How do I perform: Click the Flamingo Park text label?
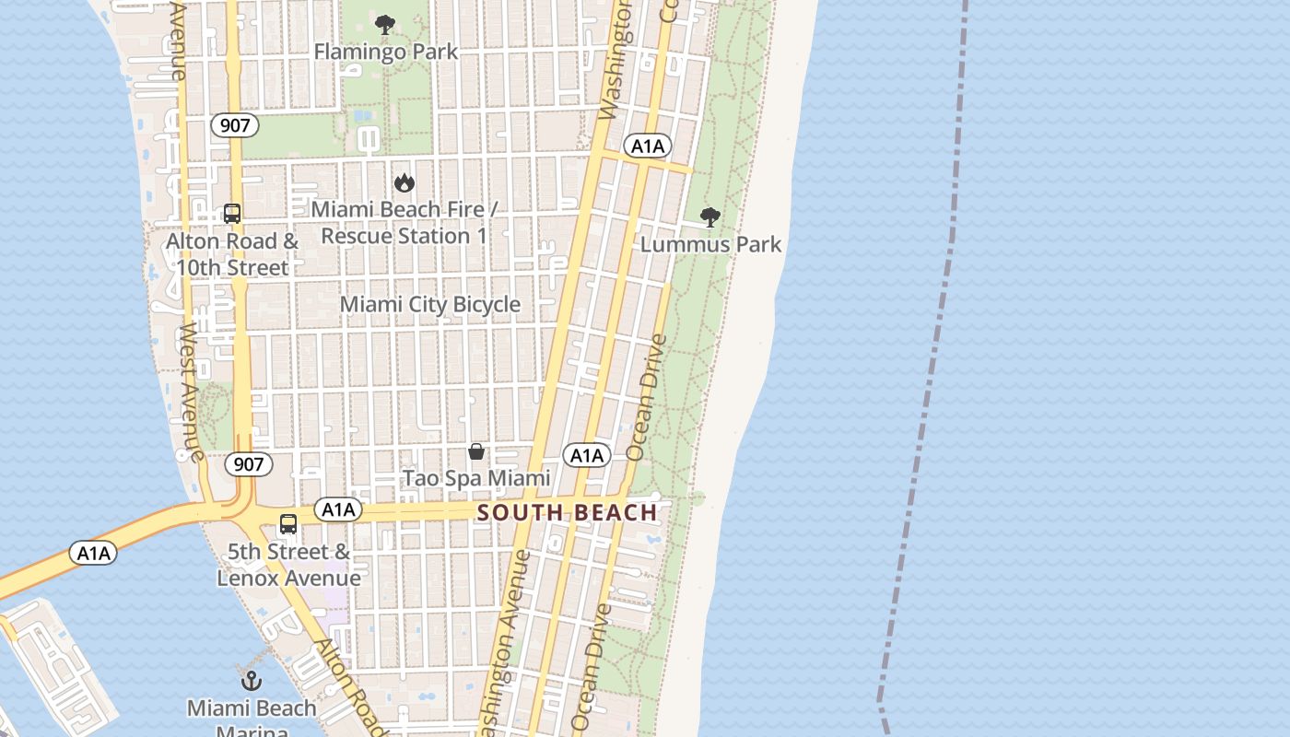pyautogui.click(x=385, y=52)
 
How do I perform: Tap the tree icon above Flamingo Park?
pyautogui.click(x=385, y=25)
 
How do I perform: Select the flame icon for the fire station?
pyautogui.click(x=404, y=183)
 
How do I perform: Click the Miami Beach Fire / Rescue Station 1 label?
pyautogui.click(x=404, y=223)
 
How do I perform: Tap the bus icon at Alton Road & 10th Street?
pyautogui.click(x=232, y=214)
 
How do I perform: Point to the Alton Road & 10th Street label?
pyautogui.click(x=232, y=254)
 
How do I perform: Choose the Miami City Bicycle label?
pyautogui.click(x=430, y=304)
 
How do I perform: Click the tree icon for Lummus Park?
pyautogui.click(x=709, y=217)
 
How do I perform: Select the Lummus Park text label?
pyautogui.click(x=710, y=244)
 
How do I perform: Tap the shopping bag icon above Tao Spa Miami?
pyautogui.click(x=476, y=451)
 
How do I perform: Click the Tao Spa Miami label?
pyautogui.click(x=476, y=478)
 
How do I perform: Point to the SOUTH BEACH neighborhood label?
pyautogui.click(x=568, y=513)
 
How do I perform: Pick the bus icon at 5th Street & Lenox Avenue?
pyautogui.click(x=288, y=524)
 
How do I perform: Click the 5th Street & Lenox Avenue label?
pyautogui.click(x=288, y=565)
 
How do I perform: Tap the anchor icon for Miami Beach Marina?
pyautogui.click(x=252, y=682)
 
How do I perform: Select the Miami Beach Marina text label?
pyautogui.click(x=252, y=717)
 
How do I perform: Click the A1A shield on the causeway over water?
pyautogui.click(x=93, y=554)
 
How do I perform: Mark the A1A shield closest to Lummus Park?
pyautogui.click(x=648, y=146)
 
